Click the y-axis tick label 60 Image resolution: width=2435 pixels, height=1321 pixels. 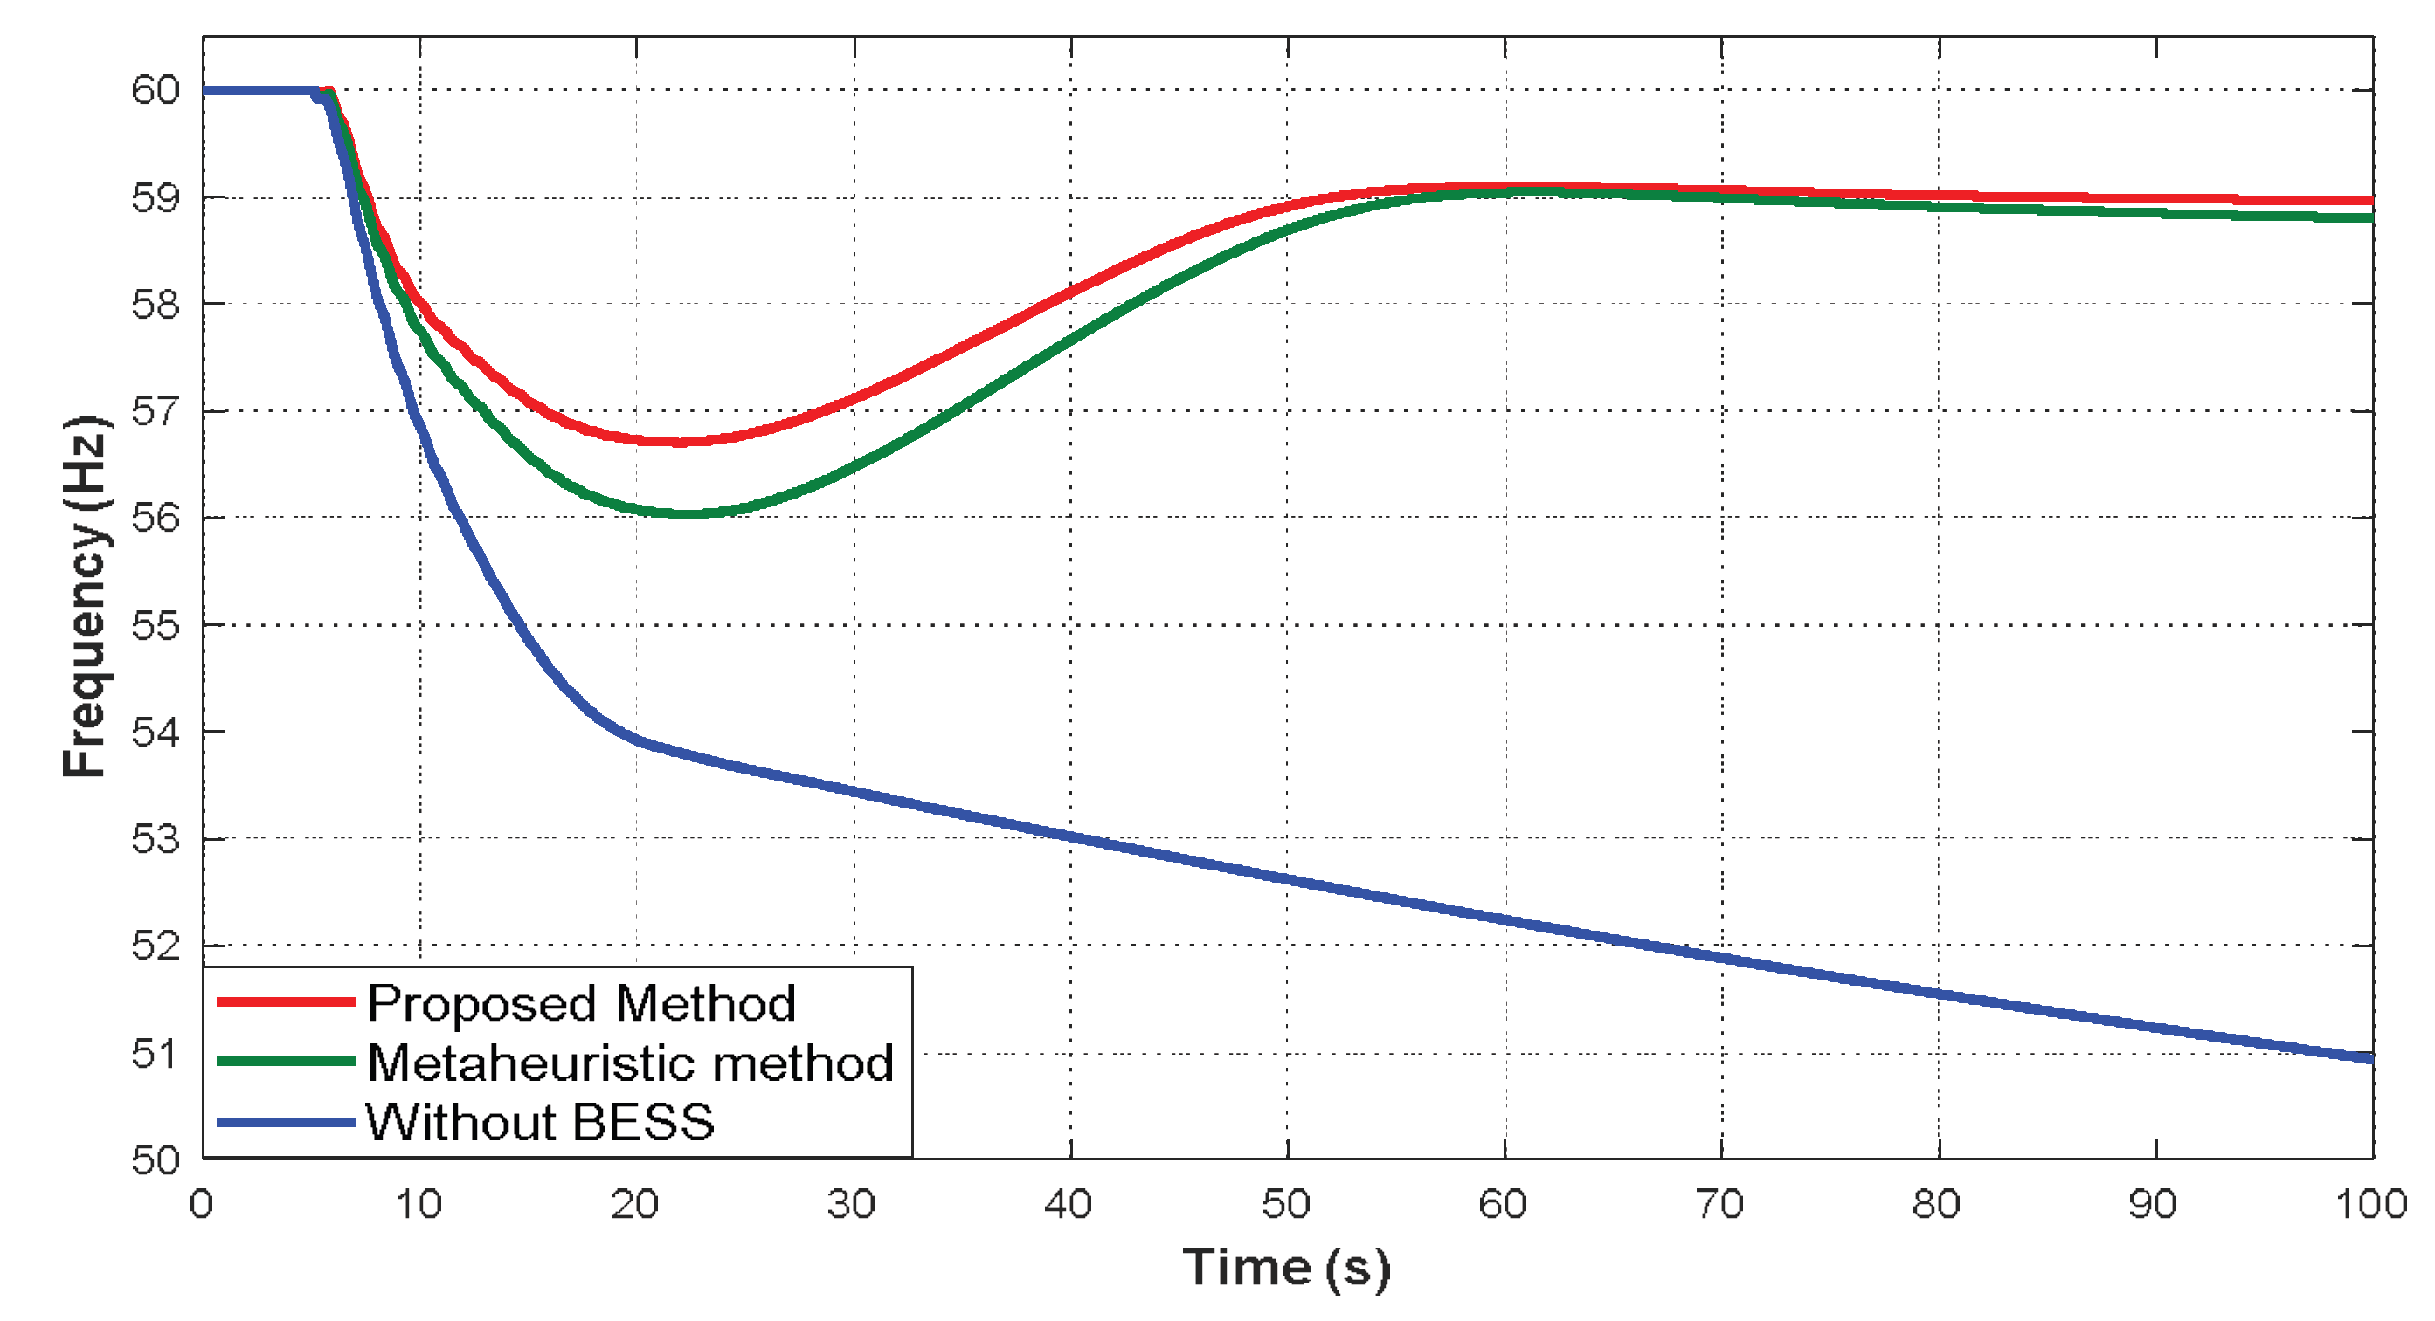(155, 91)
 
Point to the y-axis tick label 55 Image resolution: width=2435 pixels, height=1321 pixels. (155, 625)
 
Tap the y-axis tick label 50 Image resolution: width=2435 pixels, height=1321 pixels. (155, 1159)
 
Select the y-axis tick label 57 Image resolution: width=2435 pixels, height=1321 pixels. (155, 412)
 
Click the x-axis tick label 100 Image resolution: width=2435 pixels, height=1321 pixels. (2369, 1205)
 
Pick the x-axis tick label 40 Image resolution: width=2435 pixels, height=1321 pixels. (1069, 1205)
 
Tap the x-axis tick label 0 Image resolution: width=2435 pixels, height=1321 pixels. (201, 1205)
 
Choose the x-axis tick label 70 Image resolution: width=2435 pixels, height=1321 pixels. (1719, 1205)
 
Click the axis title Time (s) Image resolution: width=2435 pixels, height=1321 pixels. (1285, 1267)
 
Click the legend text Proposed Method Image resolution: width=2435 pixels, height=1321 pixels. (581, 1003)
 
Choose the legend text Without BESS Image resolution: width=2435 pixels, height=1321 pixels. (540, 1123)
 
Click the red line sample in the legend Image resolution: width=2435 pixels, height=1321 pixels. (286, 1001)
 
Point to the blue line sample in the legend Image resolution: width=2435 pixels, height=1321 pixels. (286, 1123)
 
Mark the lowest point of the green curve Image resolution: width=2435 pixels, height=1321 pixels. (688, 514)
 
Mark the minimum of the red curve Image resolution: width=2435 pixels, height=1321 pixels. (679, 441)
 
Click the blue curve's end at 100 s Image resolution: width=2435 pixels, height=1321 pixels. (2369, 1058)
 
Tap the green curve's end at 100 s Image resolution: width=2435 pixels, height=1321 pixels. (2369, 217)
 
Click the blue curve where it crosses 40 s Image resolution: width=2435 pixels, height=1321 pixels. (1071, 836)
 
